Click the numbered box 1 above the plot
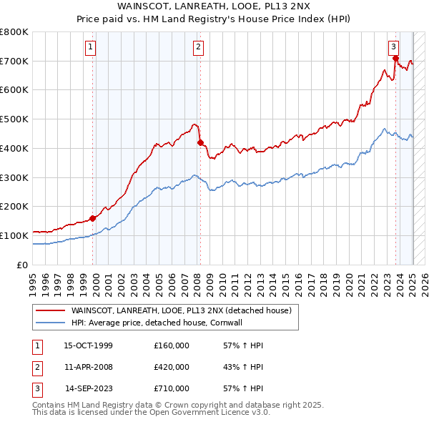click(x=92, y=48)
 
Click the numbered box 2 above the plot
click(x=198, y=48)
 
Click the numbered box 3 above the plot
click(x=394, y=48)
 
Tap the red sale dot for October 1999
click(x=93, y=218)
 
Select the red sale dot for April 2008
click(x=200, y=142)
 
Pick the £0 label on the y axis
click(x=23, y=265)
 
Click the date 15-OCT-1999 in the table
click(x=88, y=345)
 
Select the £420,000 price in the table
click(x=172, y=367)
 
